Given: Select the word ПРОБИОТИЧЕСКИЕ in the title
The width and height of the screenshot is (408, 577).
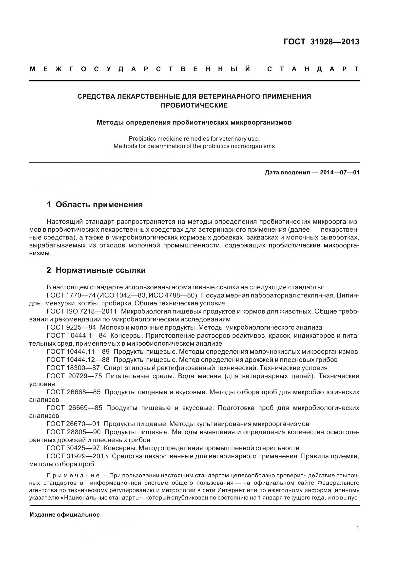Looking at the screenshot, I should coord(194,105).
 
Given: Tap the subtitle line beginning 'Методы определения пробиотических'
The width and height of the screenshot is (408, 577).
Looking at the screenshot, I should coord(194,123).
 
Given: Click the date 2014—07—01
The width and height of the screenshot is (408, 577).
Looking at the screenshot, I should coord(340,173).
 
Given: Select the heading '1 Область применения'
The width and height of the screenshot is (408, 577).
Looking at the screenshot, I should coord(95,205).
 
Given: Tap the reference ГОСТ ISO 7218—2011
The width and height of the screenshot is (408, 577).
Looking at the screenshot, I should coord(82,311).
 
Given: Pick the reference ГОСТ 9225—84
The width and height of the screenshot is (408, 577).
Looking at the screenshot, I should coord(71,327).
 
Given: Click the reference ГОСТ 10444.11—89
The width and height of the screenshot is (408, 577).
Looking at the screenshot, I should coord(78,352).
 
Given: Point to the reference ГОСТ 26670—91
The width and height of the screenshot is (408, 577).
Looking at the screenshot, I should coord(73,424).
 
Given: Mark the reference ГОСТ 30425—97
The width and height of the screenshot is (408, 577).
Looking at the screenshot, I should coord(73,448).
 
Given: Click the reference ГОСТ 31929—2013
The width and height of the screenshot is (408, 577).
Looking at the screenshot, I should coord(77,456).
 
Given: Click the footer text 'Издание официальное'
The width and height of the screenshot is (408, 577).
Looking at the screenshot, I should coord(65,515).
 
